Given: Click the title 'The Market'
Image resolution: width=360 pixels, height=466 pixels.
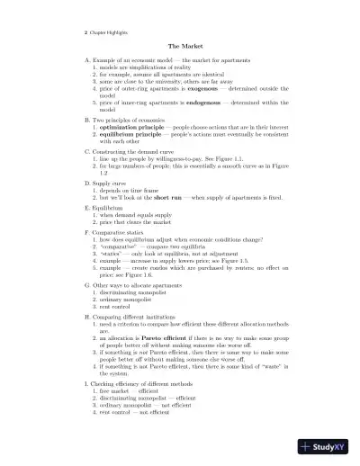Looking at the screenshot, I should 180,45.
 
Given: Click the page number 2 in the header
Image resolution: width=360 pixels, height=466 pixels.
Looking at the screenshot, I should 71,31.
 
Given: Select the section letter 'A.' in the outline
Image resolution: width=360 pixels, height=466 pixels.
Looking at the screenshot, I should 73,59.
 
